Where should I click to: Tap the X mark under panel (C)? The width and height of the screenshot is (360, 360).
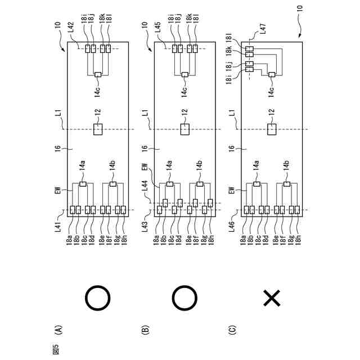[x=272, y=299]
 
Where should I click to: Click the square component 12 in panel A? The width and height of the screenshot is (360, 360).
[x=98, y=129]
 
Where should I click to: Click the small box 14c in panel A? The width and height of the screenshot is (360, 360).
[x=98, y=74]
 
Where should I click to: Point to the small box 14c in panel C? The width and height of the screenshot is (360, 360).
[x=272, y=74]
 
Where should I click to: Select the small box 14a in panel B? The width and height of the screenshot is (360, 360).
[x=170, y=183]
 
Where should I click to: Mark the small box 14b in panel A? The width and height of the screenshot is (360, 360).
[x=112, y=183]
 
